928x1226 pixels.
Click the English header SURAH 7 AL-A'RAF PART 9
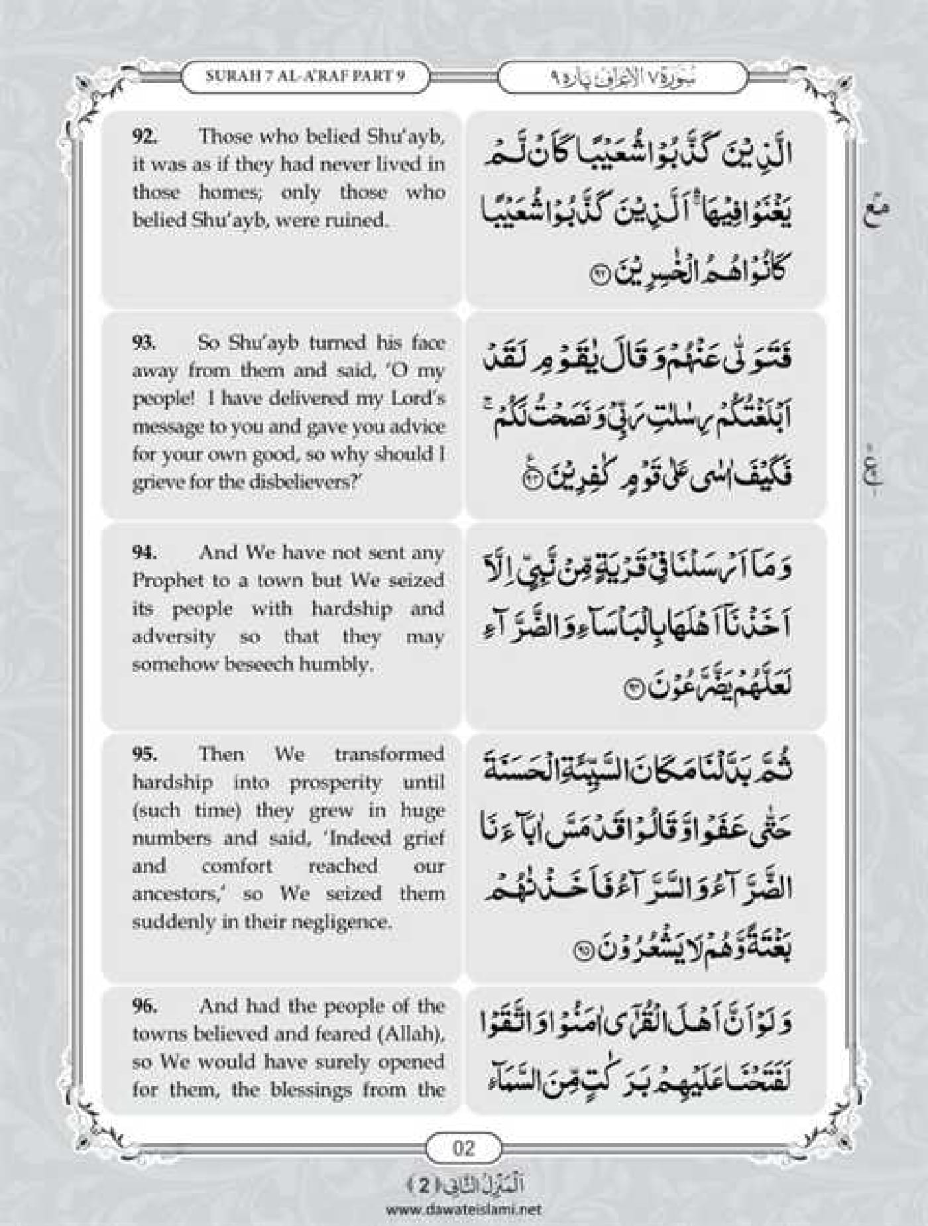(305, 76)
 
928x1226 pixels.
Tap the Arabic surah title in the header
(623, 77)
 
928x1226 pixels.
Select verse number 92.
(144, 137)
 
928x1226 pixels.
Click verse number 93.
(144, 343)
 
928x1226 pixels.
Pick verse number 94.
(144, 552)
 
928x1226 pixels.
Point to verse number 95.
(144, 754)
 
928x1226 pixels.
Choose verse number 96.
(144, 1005)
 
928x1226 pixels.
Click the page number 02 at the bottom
(463, 1147)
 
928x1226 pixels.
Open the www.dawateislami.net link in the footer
(463, 1209)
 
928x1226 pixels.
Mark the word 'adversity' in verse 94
(174, 636)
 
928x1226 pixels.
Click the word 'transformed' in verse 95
(389, 754)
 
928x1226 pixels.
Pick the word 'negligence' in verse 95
(333, 922)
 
